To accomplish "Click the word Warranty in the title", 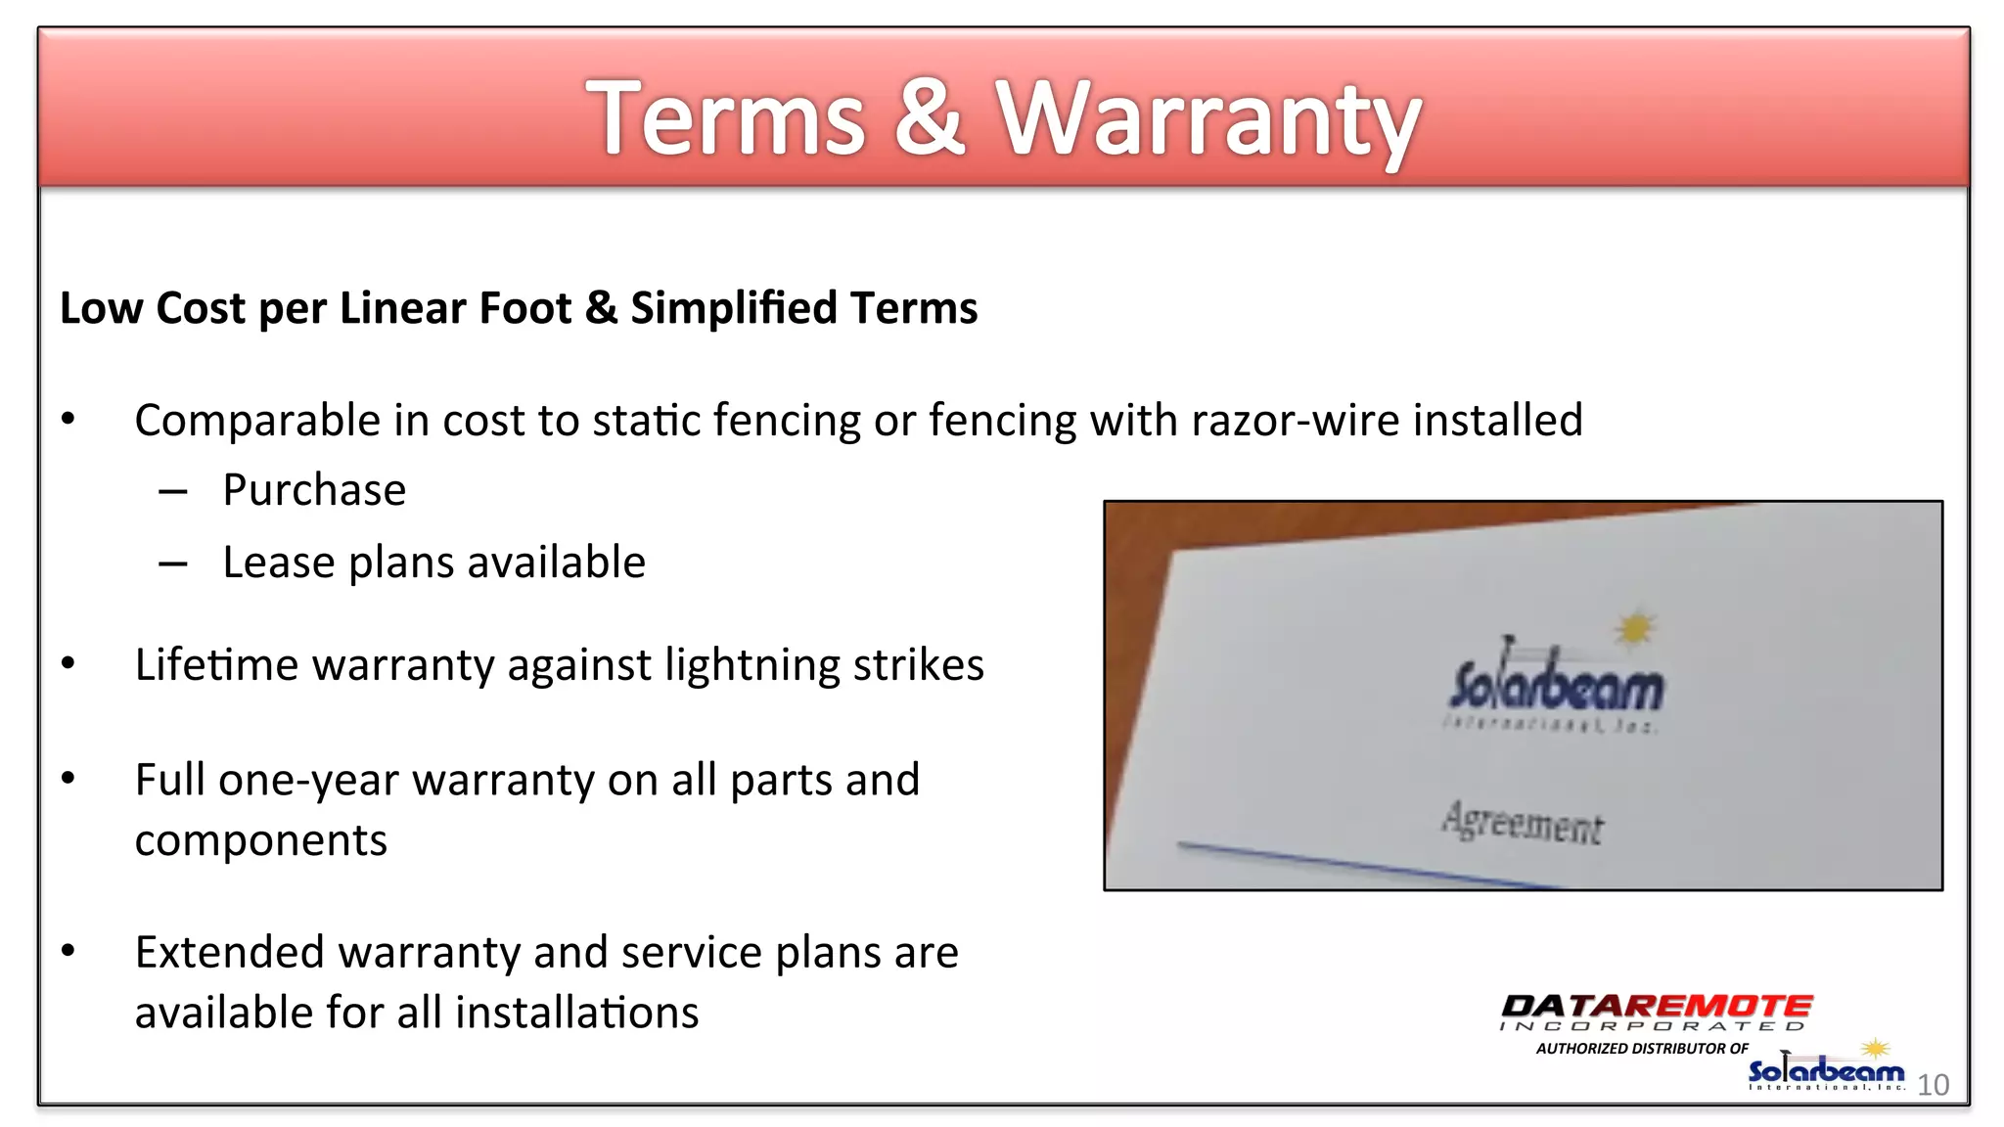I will click(1207, 119).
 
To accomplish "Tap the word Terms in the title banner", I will click(725, 119).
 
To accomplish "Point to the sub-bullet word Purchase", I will click(314, 490).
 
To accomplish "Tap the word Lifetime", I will click(217, 665).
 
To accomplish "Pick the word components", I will click(261, 841).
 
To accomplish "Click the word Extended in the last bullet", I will click(229, 953).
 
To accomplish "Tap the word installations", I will click(577, 1013).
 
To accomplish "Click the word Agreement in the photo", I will click(1523, 824).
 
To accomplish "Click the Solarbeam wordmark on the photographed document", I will click(1556, 685).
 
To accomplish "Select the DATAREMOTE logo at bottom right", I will click(1656, 1011).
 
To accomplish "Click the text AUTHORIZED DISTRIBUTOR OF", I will click(1642, 1049).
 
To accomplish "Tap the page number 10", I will click(1933, 1085).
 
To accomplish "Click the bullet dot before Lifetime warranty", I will click(68, 664).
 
